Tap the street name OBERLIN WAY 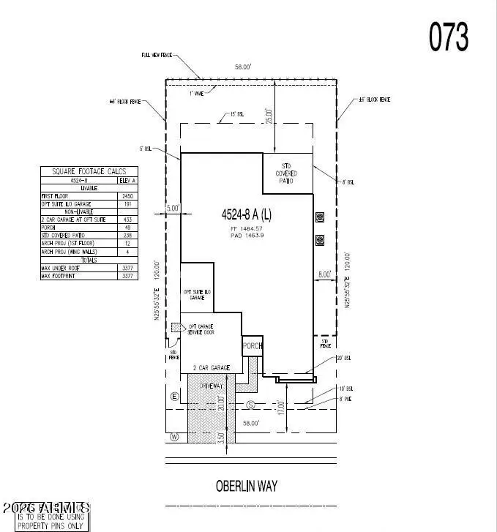click(x=247, y=486)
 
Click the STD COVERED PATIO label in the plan click(x=287, y=173)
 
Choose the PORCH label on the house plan click(x=252, y=346)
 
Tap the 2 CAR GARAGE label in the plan click(x=211, y=367)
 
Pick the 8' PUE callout click(x=345, y=398)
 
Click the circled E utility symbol click(x=174, y=396)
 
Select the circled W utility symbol click(x=174, y=438)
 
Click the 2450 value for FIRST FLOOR click(x=127, y=197)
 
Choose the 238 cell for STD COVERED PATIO click(x=127, y=236)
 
